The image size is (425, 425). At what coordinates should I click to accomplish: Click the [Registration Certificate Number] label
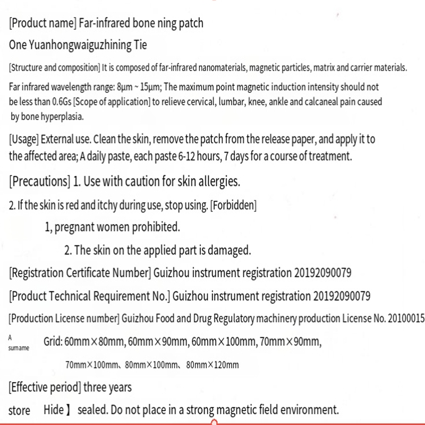tap(80, 274)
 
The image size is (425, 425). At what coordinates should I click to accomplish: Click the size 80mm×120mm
tap(216, 364)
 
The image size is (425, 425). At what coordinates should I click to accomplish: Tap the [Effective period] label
tap(45, 387)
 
